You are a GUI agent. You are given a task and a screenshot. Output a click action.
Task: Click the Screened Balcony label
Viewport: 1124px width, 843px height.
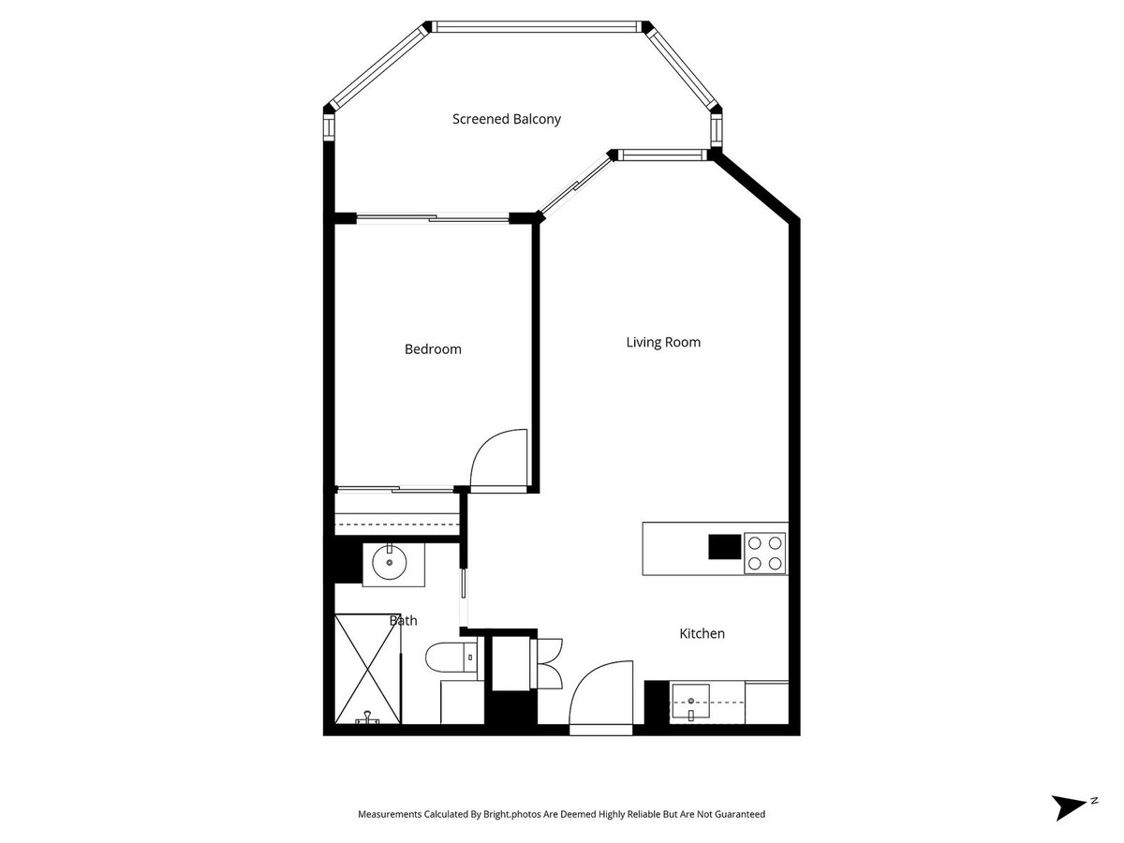tap(507, 119)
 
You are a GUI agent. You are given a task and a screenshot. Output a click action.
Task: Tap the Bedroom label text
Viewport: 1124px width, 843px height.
tap(433, 349)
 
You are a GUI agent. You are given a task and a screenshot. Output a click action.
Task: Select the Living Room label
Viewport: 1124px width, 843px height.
tap(663, 342)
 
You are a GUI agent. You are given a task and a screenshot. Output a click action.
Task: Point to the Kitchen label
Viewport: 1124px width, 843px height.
tap(702, 634)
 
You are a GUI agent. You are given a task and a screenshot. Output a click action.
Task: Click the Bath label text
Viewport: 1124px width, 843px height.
tap(404, 620)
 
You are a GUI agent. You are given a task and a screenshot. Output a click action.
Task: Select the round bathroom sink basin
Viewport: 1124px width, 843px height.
tap(389, 564)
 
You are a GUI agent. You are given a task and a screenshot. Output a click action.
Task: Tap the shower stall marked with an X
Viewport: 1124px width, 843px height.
tap(368, 668)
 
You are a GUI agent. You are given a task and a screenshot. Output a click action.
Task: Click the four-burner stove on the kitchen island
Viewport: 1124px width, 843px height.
tap(764, 553)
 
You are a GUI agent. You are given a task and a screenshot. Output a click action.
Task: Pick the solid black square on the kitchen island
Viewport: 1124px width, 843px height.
tap(723, 545)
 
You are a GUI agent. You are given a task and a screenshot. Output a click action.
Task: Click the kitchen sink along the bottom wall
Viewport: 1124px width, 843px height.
tap(690, 699)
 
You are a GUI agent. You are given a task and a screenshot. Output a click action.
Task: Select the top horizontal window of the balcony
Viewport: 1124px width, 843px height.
tap(539, 27)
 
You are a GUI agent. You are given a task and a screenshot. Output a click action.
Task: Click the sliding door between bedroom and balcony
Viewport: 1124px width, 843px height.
tap(433, 219)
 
